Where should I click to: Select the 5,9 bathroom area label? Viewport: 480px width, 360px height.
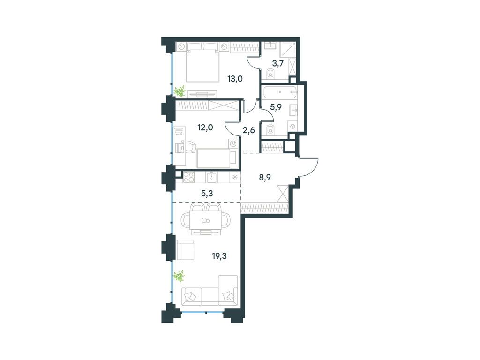coord(276,106)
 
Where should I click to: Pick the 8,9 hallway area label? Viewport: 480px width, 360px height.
coord(266,177)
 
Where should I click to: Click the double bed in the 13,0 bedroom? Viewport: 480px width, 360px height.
coord(203,62)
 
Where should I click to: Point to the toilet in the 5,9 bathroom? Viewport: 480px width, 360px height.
coord(270,129)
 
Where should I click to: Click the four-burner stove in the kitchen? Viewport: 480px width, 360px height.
coord(189,177)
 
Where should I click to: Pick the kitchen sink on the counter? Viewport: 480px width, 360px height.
coord(212,177)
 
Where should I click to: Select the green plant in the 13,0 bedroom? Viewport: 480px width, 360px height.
coord(180,91)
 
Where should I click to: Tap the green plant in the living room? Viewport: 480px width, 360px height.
coord(179,276)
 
